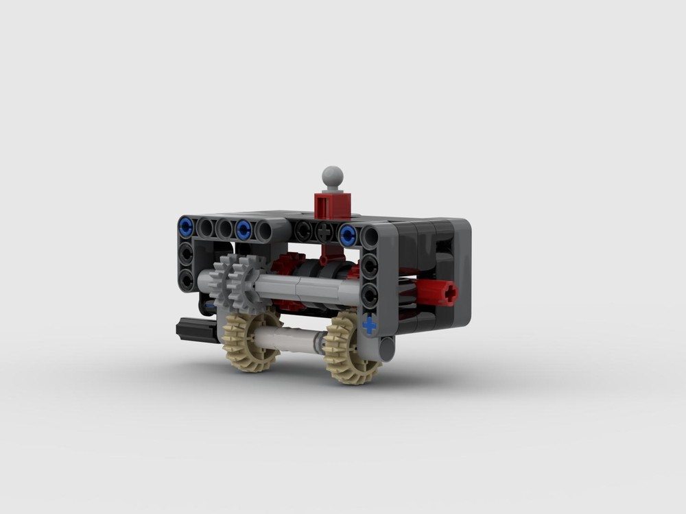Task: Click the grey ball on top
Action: click(333, 175)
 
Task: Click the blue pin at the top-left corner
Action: click(185, 227)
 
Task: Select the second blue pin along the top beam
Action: click(244, 229)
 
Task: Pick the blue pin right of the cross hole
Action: click(348, 234)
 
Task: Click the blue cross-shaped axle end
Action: click(370, 323)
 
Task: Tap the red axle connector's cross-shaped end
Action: click(449, 293)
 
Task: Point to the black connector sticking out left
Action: click(193, 329)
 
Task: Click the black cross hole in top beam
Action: click(324, 232)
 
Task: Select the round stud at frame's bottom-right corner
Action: click(386, 348)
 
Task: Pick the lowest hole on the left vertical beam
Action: click(186, 279)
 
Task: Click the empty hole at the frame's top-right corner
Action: click(370, 237)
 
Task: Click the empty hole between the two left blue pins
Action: click(215, 228)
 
